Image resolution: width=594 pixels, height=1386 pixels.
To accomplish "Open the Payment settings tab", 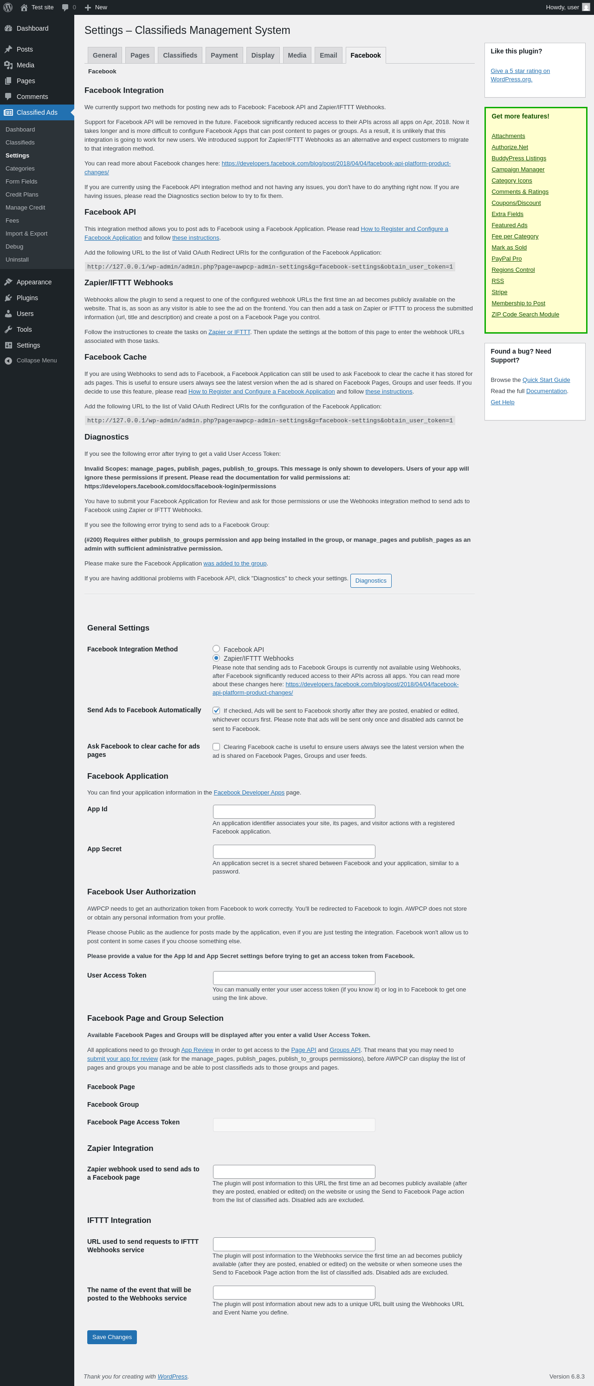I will click(x=224, y=55).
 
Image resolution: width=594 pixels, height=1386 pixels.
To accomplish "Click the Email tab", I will click(x=328, y=55).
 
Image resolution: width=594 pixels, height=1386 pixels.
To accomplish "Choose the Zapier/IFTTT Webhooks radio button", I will click(x=216, y=658).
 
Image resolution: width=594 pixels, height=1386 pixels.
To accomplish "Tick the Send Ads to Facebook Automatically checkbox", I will click(x=216, y=710).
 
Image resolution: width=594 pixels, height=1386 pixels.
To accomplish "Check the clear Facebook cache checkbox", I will click(x=216, y=746).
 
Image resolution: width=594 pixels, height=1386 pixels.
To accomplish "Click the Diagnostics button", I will click(x=370, y=580).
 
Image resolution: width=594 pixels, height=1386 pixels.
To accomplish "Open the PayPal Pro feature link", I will click(x=506, y=259).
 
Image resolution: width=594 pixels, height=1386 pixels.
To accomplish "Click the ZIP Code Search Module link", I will click(x=525, y=314).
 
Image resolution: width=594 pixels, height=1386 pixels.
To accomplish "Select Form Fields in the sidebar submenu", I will click(x=21, y=181).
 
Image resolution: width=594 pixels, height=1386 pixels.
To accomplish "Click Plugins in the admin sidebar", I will click(x=27, y=297).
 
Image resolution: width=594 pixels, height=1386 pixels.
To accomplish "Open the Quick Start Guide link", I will click(x=546, y=380).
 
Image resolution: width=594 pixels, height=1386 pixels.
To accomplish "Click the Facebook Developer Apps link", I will click(x=249, y=793).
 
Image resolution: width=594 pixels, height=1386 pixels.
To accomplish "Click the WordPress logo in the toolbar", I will click(x=8, y=7).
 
